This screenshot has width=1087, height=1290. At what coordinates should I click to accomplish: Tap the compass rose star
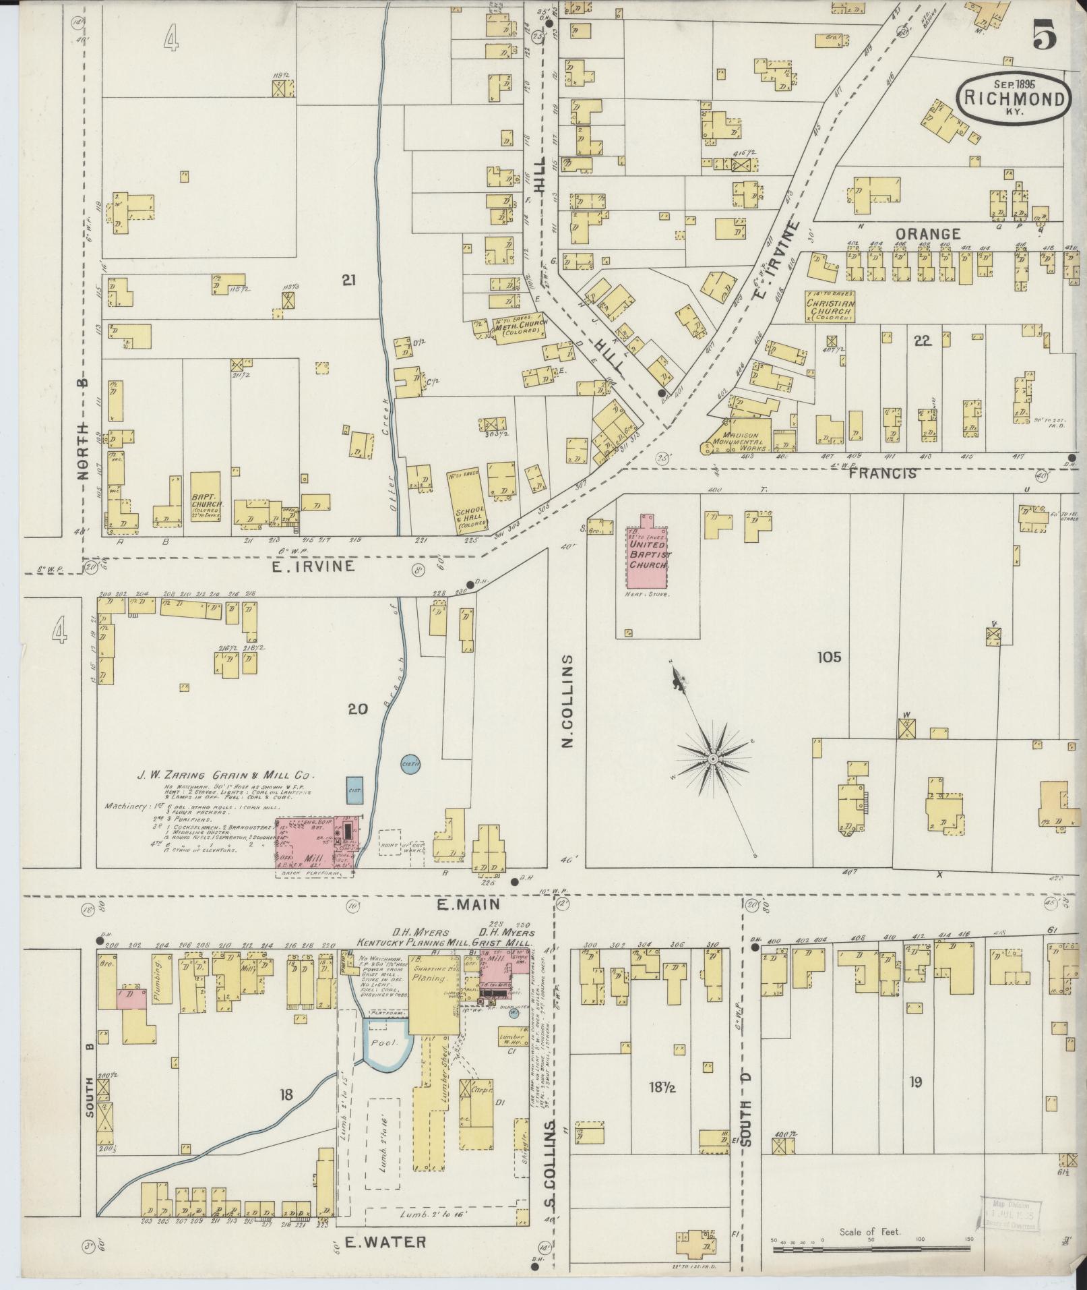click(x=712, y=759)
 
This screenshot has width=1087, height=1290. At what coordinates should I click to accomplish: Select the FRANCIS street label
click(x=883, y=473)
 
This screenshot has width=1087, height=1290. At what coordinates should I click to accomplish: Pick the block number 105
click(x=829, y=656)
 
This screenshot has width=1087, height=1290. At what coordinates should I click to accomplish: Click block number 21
click(x=348, y=281)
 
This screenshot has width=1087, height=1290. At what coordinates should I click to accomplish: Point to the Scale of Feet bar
click(x=869, y=1250)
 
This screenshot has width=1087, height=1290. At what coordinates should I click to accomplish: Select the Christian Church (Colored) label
click(x=831, y=307)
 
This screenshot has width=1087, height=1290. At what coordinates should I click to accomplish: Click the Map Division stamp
click(x=1009, y=1214)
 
